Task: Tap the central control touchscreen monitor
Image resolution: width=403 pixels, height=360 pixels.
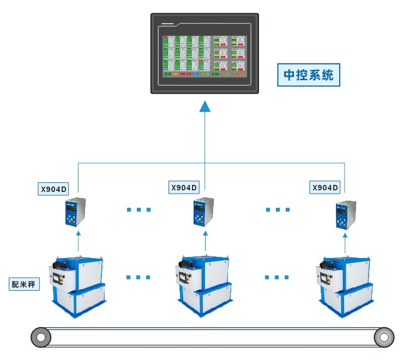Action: [x=204, y=53]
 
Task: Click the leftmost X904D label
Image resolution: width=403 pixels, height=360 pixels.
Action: [x=53, y=189]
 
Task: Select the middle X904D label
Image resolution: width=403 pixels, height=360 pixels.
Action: [x=184, y=187]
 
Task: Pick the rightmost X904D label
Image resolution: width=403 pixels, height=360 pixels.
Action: [x=325, y=187]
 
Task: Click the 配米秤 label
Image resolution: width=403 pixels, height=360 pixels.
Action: [x=25, y=284]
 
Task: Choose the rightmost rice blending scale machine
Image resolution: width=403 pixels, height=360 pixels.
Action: [x=345, y=286]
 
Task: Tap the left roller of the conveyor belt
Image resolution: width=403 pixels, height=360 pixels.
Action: [x=39, y=337]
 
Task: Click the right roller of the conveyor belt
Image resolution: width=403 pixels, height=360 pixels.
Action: [x=384, y=337]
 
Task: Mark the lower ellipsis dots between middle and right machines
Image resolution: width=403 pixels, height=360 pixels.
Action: [x=276, y=277]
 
